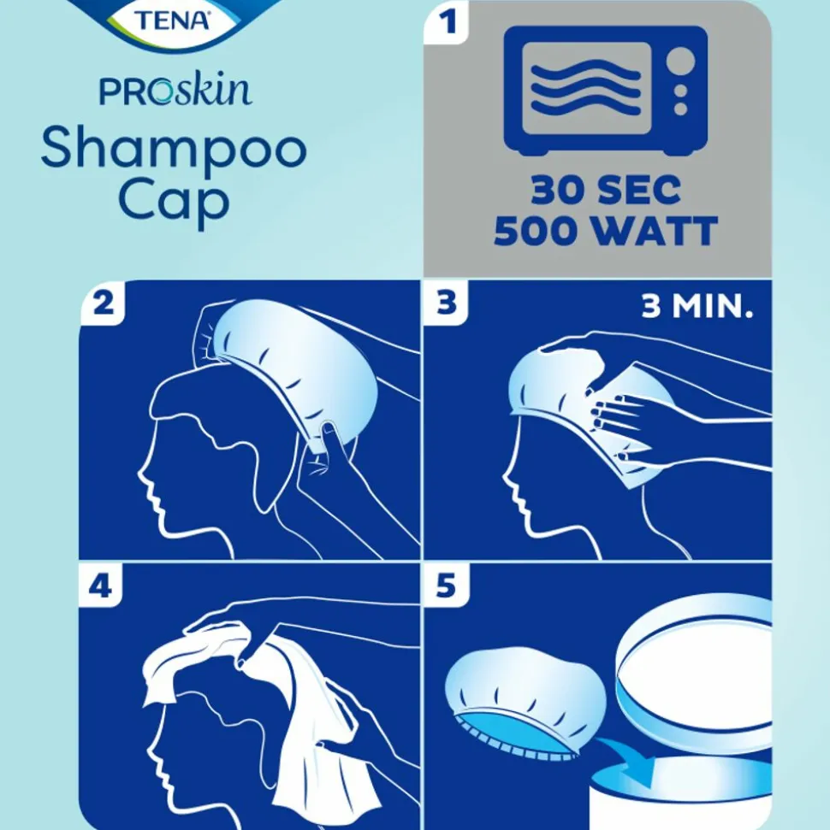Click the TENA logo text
(x=172, y=21)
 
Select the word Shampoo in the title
(x=174, y=150)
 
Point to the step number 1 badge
(x=448, y=22)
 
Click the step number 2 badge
(x=104, y=303)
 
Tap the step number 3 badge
(x=447, y=303)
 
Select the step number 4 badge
(x=100, y=586)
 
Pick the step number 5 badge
(x=447, y=586)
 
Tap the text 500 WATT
(x=606, y=231)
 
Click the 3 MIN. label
(x=697, y=305)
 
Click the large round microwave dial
(x=680, y=61)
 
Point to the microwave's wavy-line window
(x=587, y=88)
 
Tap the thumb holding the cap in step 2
(x=329, y=438)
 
